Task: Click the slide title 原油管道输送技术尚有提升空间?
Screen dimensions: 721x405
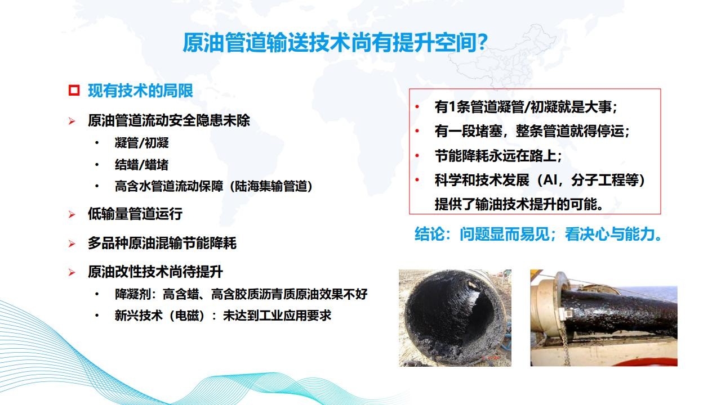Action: pos(335,42)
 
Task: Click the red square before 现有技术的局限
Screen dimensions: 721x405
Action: pos(74,91)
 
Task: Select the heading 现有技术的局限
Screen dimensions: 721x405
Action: pos(140,91)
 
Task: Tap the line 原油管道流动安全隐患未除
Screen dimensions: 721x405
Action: pos(169,120)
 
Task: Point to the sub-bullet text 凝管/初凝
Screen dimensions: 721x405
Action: pos(141,143)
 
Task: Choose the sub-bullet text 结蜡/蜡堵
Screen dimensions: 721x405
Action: pos(141,165)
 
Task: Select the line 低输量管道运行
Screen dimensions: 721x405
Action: pos(135,214)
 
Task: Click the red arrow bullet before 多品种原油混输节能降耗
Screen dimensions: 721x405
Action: pos(72,244)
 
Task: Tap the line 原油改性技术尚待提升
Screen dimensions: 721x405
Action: pos(155,272)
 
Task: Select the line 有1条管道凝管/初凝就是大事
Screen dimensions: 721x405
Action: pos(526,107)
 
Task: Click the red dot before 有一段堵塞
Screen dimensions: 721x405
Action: pos(417,131)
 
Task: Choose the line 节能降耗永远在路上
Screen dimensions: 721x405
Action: pos(499,156)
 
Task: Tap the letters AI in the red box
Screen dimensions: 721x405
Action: pos(550,180)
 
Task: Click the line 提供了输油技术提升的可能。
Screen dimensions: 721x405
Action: pos(519,204)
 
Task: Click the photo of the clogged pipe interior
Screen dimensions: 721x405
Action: pos(455,318)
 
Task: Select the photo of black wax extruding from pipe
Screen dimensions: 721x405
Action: pos(604,318)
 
